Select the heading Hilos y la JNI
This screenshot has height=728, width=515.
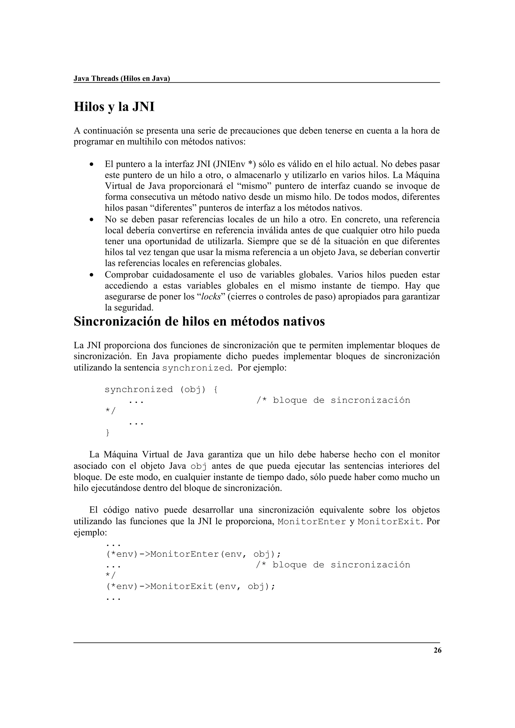[114, 107]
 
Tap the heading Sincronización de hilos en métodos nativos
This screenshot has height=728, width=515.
[199, 322]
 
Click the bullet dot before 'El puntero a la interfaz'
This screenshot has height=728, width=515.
[91, 165]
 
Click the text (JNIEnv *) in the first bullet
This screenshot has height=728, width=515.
[235, 164]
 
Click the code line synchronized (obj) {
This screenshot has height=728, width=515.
[161, 389]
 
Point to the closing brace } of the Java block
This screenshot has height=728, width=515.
[107, 433]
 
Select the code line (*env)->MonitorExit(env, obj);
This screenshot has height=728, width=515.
[190, 587]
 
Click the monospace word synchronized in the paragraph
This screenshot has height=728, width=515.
[196, 368]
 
